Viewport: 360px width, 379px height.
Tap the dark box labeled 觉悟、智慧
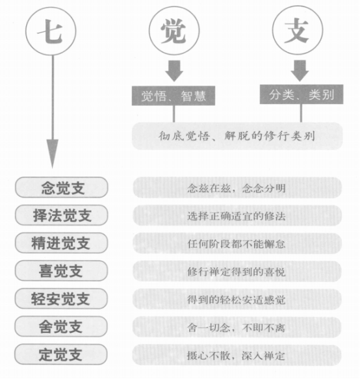click(174, 96)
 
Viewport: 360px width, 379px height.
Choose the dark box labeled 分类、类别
click(302, 94)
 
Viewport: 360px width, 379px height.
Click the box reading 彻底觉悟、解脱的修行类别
click(237, 136)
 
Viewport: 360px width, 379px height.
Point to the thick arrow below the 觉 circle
click(174, 71)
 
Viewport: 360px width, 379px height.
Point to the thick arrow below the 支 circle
click(300, 71)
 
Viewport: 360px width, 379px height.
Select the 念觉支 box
click(61, 188)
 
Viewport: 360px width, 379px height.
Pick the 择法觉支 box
click(61, 215)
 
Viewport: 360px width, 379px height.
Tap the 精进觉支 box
click(61, 243)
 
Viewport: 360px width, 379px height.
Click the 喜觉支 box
click(61, 270)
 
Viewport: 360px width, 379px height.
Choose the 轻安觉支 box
click(61, 298)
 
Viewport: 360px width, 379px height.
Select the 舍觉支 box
click(61, 326)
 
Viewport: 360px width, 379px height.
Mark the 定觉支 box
click(61, 354)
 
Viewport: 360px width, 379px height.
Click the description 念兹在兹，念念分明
click(237, 188)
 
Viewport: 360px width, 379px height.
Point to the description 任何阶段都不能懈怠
click(237, 243)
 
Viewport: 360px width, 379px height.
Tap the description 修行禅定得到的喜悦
click(237, 271)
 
